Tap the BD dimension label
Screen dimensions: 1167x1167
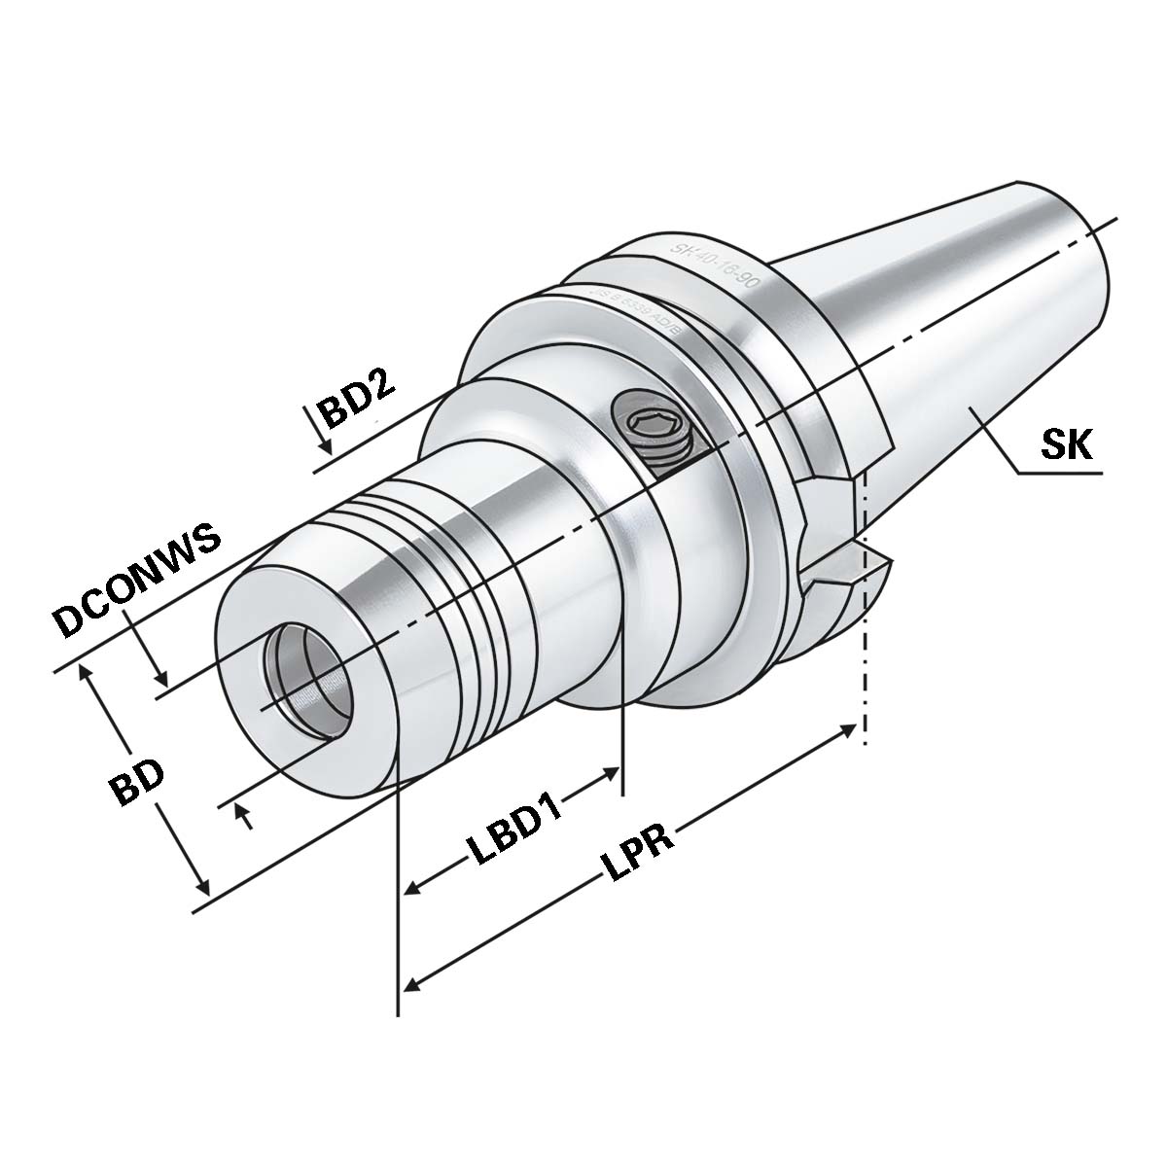click(x=137, y=778)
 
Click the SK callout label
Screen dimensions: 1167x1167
click(x=1067, y=445)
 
